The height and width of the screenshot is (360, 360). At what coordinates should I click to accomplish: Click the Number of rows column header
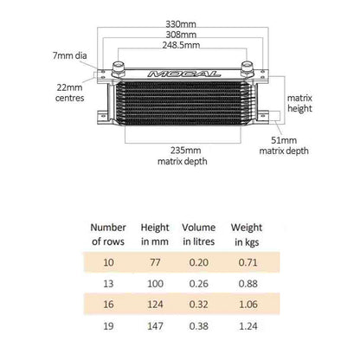click(109, 234)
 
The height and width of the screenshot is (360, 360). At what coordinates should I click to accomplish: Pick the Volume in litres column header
click(199, 234)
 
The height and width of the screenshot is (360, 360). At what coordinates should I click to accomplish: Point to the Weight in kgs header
click(247, 234)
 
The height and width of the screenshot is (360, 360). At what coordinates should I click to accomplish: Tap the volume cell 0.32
click(198, 305)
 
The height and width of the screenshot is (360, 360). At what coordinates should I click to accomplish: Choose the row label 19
click(109, 327)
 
